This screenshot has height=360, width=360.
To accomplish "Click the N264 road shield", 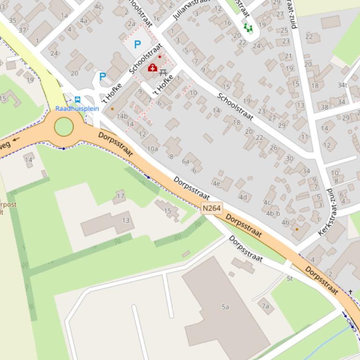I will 212,209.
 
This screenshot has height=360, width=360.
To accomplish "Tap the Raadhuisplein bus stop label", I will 77,108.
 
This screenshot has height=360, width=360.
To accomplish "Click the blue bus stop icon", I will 77,100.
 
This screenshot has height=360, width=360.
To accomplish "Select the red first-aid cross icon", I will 152,68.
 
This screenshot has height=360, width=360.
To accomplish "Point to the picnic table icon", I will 163,72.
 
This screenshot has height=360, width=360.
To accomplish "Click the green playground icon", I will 248,28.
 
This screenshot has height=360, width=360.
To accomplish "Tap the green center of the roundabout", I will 64,127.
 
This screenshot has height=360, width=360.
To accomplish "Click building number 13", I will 125,220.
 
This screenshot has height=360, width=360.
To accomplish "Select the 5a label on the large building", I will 225,307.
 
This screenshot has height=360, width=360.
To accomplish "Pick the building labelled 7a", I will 265,306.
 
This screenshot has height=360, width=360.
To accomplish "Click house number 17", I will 121,196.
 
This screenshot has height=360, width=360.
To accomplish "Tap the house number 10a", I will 153,149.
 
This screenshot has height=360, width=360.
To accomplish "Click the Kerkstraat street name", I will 327,213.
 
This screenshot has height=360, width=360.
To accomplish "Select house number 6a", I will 186,161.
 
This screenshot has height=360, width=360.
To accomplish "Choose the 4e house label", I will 216,183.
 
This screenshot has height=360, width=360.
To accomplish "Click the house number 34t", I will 343,85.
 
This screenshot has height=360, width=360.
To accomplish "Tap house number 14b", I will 122,116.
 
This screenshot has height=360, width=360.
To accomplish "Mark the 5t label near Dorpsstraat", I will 289,279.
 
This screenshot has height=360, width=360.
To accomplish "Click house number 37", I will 22,30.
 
